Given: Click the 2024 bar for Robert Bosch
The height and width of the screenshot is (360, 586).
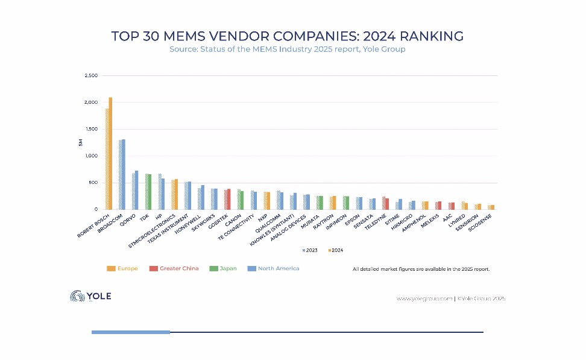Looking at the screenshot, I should click(110, 153).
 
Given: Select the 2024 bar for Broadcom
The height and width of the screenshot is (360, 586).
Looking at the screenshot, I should click(124, 174).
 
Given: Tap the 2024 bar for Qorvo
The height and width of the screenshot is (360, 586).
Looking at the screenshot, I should click(137, 190).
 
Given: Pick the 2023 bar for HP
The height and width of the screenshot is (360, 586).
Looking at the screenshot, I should click(159, 191).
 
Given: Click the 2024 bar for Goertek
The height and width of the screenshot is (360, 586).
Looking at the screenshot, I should click(229, 199).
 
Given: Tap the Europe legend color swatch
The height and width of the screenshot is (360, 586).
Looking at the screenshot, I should click(111, 268).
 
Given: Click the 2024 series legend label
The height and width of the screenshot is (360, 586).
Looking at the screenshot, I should click(338, 250).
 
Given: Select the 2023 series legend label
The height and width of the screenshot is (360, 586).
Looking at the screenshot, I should click(312, 250).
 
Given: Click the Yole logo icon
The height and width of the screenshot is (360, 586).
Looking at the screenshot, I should click(78, 296).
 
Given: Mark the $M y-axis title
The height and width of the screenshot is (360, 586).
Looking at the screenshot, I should click(81, 142).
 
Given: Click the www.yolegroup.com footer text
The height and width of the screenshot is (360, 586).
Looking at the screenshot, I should click(424, 298).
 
